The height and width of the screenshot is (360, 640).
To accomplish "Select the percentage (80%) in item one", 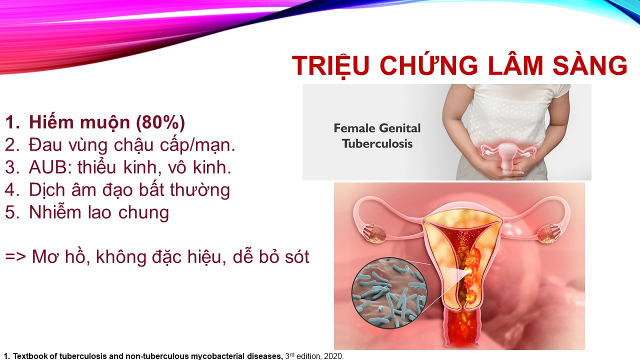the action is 160,122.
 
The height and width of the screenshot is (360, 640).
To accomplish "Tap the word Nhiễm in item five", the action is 55,212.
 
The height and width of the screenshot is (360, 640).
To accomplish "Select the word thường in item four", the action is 200,190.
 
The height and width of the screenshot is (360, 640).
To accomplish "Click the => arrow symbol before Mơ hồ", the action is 15,256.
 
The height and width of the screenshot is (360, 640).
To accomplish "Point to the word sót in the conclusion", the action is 297,256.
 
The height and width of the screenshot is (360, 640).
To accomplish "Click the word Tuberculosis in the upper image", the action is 377,143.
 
